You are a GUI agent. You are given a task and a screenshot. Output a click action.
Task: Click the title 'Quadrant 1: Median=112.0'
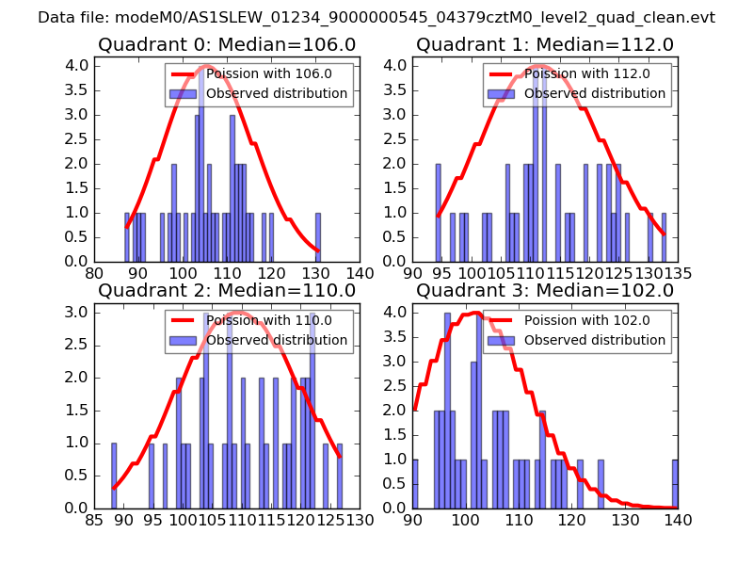[545, 44]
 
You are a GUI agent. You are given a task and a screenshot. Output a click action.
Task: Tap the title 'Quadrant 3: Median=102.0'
[545, 291]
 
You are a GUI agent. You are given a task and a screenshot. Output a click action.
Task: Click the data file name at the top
[376, 18]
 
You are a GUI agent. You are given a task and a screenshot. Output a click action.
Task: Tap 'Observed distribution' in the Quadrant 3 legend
[595, 341]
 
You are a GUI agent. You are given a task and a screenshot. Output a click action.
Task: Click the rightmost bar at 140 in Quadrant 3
[675, 484]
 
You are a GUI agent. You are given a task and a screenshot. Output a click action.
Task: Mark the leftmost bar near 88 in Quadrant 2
[114, 476]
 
